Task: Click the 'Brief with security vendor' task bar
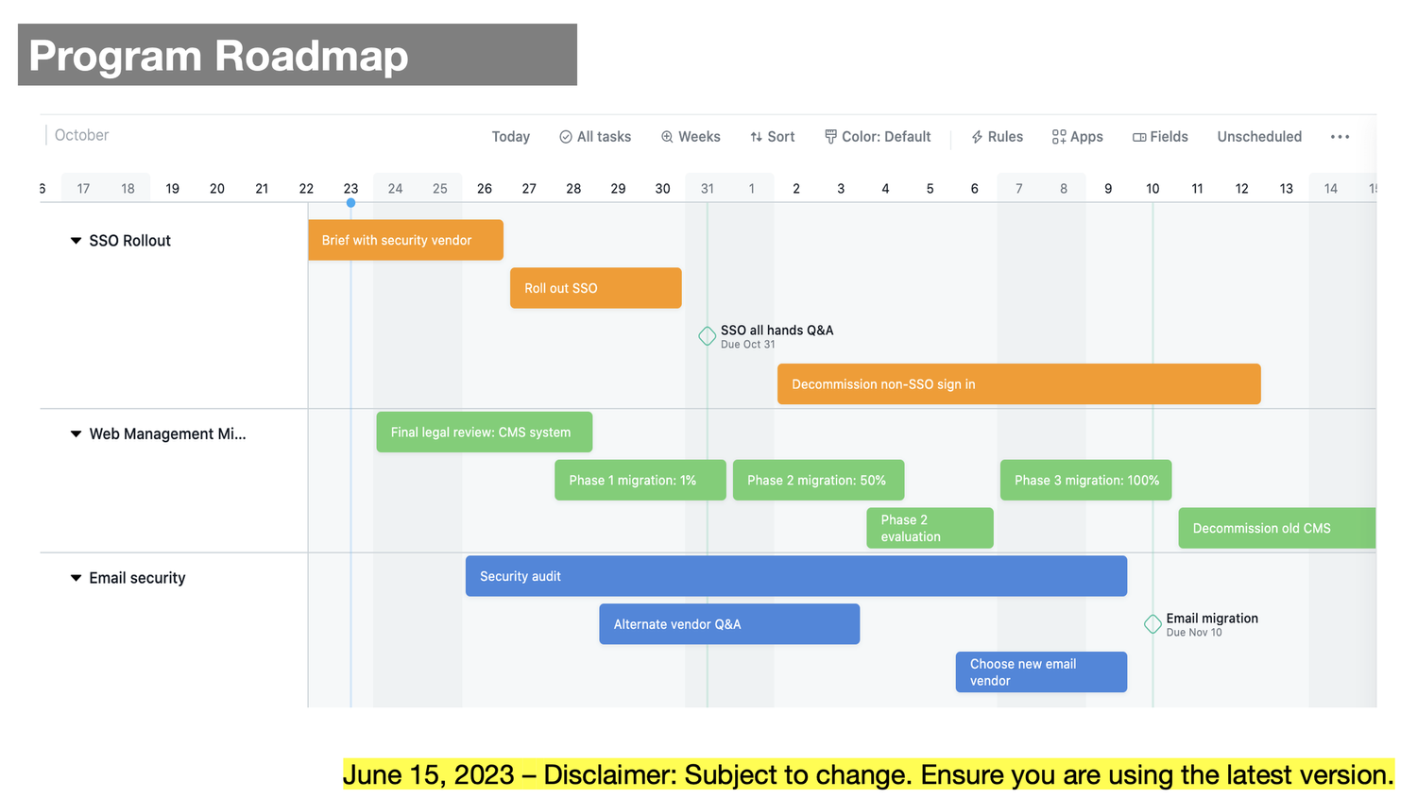[405, 240]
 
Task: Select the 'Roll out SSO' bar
[595, 288]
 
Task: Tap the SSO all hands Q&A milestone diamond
[707, 336]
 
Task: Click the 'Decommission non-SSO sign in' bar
[1018, 384]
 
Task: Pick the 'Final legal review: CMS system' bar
[484, 433]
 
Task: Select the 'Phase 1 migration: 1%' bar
[640, 481]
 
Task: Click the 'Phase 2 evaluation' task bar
[930, 528]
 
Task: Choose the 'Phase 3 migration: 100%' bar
[1086, 481]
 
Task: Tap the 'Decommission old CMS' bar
[1275, 528]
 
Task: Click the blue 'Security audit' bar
[795, 576]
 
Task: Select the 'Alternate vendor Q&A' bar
[728, 624]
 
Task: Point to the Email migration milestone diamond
[1152, 624]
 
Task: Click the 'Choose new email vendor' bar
[1041, 672]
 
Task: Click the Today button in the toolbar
[510, 137]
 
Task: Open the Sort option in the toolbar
[772, 137]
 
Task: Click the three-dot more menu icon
[1340, 137]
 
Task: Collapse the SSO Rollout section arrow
[76, 241]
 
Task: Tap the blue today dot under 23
[350, 203]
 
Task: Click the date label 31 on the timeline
[708, 189]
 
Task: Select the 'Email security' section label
[137, 578]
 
